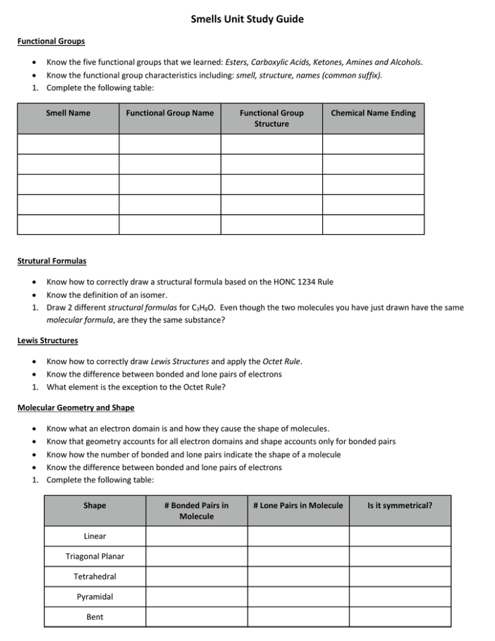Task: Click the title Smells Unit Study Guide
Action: click(x=247, y=19)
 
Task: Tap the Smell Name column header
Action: click(x=68, y=113)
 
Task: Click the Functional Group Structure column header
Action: click(x=271, y=118)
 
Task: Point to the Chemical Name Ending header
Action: click(x=373, y=113)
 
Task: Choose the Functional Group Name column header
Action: click(x=170, y=113)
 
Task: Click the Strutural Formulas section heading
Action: click(x=52, y=262)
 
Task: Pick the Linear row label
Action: click(x=95, y=536)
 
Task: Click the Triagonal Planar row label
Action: click(x=95, y=557)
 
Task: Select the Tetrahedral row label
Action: click(x=95, y=577)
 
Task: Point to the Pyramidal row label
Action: click(x=95, y=597)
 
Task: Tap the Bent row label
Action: click(x=95, y=616)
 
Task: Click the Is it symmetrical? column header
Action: click(x=400, y=506)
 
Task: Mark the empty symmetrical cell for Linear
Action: click(x=400, y=536)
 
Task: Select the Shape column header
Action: click(x=95, y=506)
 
